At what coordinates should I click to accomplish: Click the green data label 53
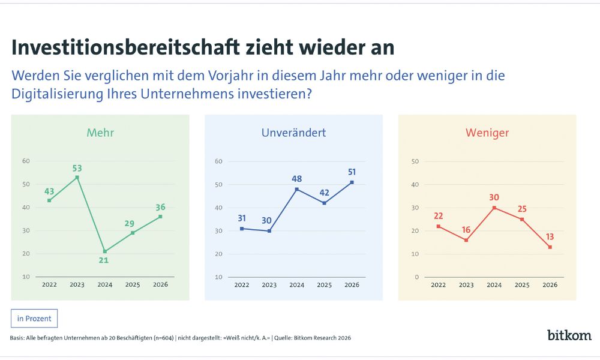click(77, 168)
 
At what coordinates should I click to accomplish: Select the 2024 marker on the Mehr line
click(105, 251)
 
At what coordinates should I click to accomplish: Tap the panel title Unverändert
click(293, 133)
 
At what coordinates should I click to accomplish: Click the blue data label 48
click(296, 179)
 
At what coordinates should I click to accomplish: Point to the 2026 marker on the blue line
click(352, 182)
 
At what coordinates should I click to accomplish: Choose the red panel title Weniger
click(487, 133)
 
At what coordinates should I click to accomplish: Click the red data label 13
click(550, 236)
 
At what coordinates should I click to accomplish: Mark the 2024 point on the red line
click(494, 208)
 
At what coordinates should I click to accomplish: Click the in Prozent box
click(34, 319)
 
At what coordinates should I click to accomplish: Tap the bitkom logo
click(569, 335)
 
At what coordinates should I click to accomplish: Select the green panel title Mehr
click(100, 133)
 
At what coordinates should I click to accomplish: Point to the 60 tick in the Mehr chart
click(26, 161)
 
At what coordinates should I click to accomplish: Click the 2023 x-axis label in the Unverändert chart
click(269, 285)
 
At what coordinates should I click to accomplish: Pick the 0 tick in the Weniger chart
click(416, 277)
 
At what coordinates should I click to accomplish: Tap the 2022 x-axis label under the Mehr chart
click(49, 284)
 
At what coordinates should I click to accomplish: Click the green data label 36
click(160, 207)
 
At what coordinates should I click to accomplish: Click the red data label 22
click(439, 216)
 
